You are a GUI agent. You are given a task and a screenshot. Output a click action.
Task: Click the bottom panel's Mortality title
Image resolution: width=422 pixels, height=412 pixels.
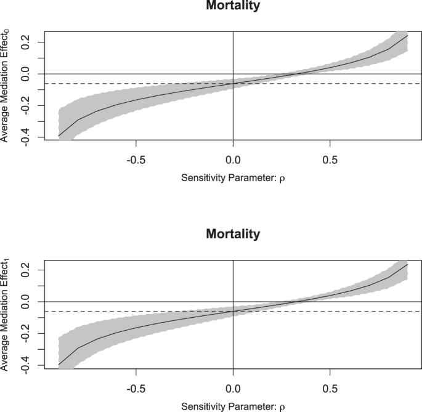[233, 234]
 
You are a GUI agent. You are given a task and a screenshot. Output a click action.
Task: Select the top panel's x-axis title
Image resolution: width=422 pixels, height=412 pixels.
[233, 178]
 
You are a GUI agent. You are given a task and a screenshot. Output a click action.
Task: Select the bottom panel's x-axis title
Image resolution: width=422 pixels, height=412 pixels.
[233, 406]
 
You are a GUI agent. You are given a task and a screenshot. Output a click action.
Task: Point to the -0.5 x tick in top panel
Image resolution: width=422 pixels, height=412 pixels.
[136, 157]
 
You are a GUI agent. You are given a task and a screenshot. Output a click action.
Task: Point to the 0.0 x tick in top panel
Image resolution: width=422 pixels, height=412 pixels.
[233, 157]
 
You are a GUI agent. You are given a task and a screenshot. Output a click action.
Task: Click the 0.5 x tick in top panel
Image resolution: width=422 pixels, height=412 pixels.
[330, 157]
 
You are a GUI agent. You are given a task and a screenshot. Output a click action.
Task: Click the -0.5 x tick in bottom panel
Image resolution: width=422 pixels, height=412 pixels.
[136, 385]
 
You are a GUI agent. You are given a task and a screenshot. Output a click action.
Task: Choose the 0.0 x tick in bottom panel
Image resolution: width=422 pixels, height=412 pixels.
[233, 385]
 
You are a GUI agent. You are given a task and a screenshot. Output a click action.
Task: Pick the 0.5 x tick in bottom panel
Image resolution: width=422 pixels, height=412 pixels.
[330, 385]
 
